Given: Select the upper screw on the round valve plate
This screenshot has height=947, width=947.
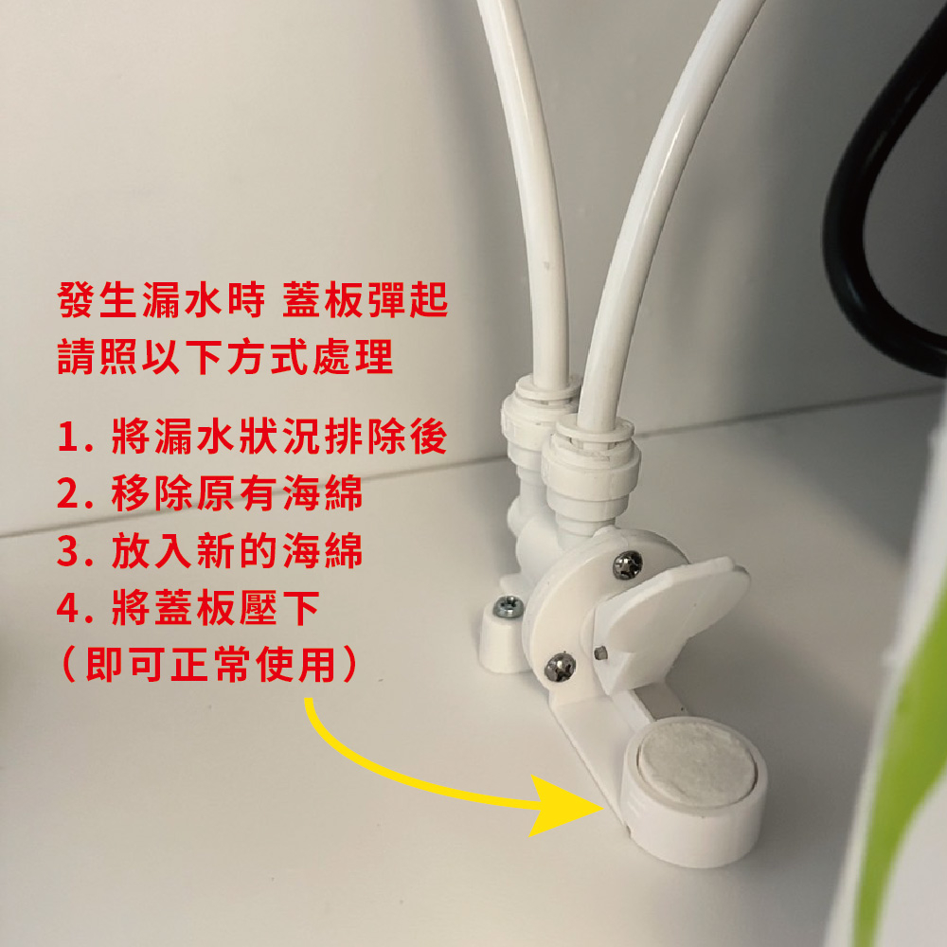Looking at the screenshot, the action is coord(628,565).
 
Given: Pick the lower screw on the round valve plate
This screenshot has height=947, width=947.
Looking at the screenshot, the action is coord(560,667).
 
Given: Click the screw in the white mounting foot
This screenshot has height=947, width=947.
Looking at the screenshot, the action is coord(508,606).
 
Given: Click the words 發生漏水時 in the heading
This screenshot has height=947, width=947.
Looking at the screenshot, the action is coord(161,300).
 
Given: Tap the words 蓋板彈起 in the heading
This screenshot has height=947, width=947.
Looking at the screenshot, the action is coord(366,300).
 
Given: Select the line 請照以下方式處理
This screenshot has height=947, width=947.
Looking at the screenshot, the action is coord(225,356).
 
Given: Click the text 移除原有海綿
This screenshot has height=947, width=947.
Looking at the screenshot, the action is coord(237,493).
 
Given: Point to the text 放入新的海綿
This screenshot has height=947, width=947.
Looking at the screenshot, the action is coord(237,550).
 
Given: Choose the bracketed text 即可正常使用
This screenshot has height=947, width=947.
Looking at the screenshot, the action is coord(211,664).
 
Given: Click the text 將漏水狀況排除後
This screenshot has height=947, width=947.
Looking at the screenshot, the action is coord(279,437).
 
